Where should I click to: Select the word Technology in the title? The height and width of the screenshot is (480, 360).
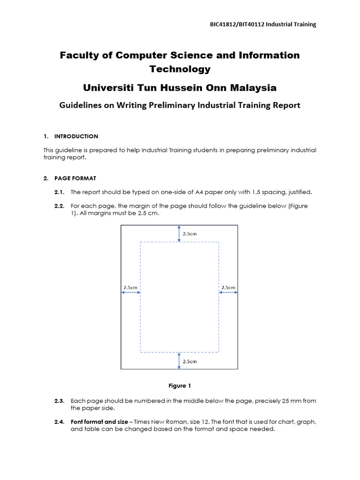[180, 69]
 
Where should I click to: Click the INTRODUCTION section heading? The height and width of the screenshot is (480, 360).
[76, 136]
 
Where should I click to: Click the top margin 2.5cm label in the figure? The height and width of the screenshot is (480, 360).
[189, 233]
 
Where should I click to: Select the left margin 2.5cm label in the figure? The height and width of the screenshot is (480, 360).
[131, 287]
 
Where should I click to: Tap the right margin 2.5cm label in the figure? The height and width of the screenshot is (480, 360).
[228, 287]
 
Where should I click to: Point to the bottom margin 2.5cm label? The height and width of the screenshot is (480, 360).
[189, 361]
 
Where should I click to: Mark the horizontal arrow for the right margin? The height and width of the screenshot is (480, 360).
[228, 292]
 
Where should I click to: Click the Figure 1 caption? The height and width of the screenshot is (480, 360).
[180, 386]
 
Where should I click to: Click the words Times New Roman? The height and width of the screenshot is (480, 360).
[160, 422]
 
